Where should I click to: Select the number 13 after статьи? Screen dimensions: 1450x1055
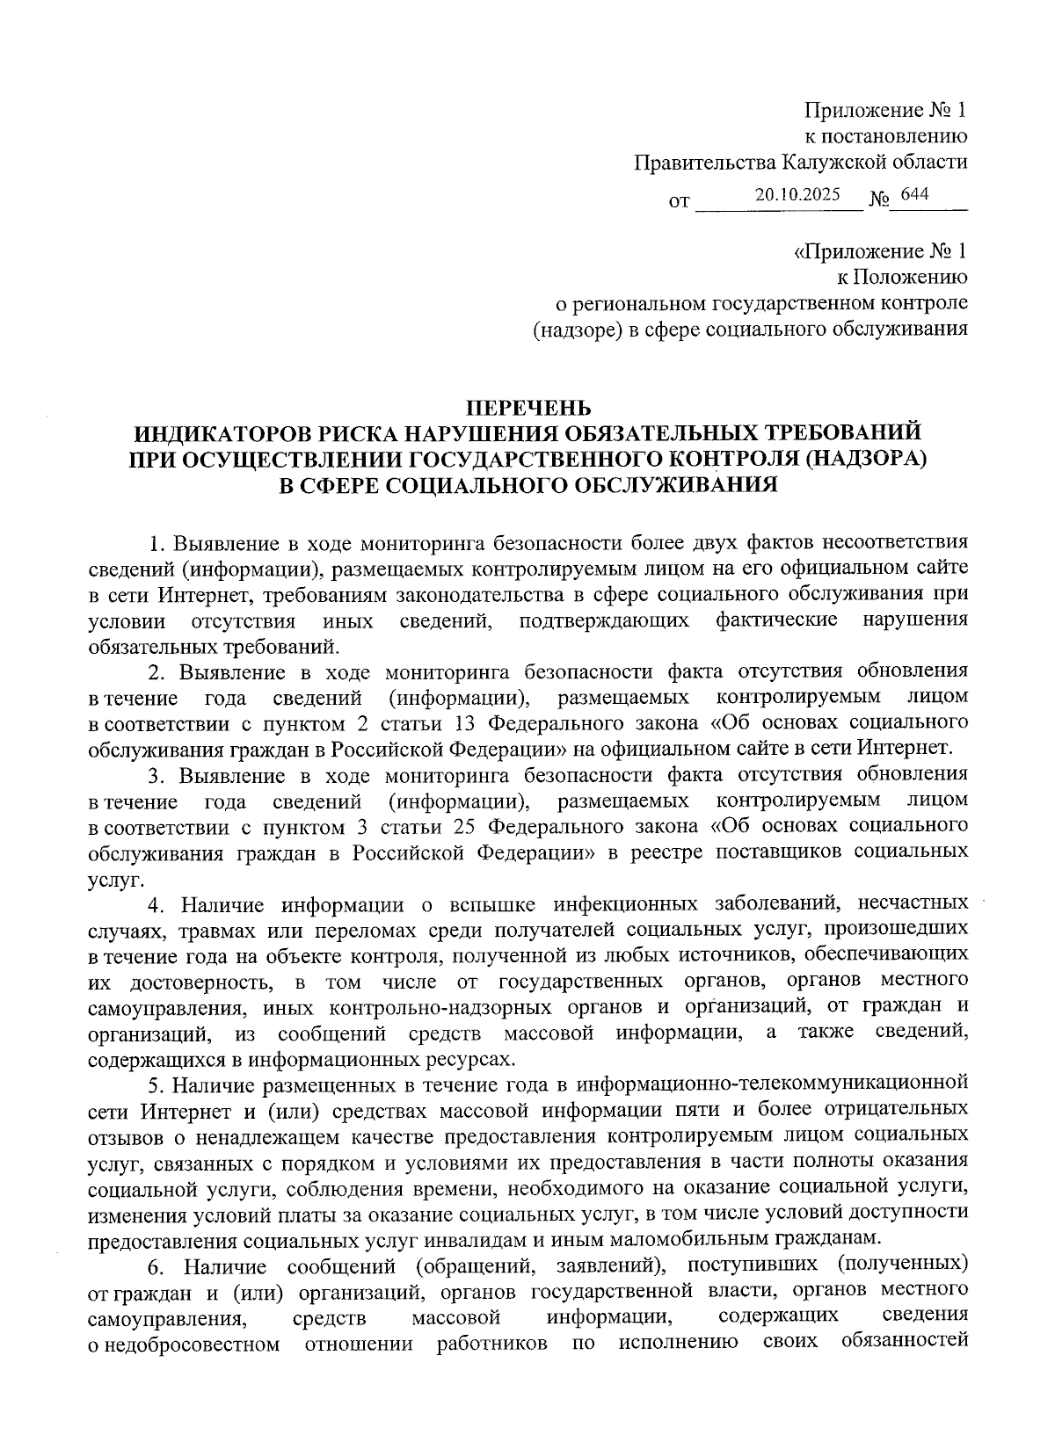pyautogui.click(x=467, y=723)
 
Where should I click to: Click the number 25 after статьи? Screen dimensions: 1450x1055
pyautogui.click(x=467, y=826)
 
